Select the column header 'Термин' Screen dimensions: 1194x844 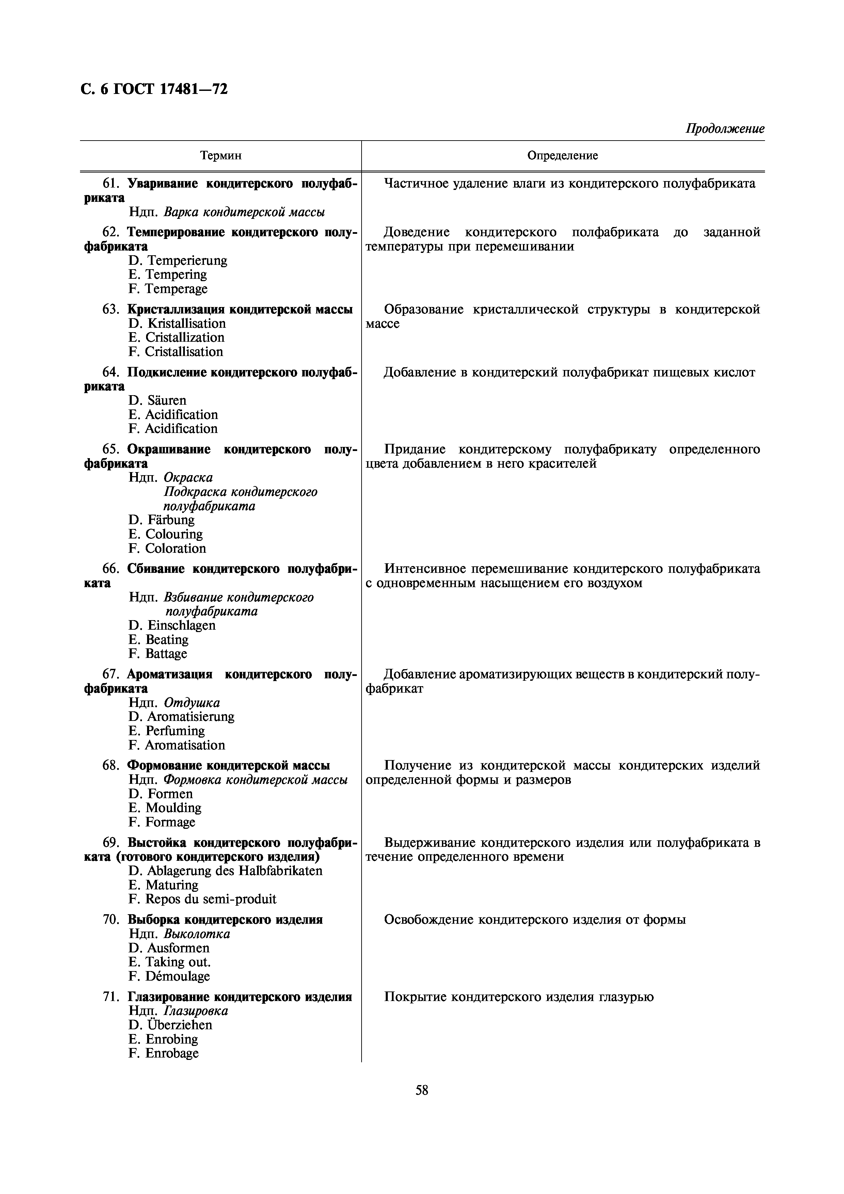[221, 156]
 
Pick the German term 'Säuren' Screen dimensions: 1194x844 [166, 400]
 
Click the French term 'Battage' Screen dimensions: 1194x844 [166, 654]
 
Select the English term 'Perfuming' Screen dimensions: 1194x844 [175, 731]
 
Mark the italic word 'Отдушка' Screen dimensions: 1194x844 [192, 703]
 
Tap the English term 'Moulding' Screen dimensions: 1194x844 [173, 808]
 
